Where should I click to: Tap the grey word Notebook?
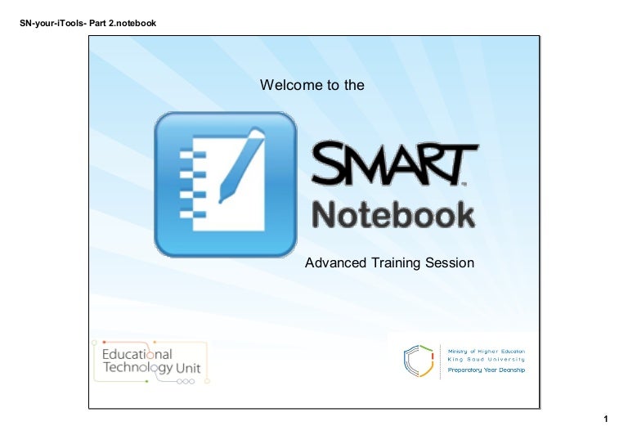click(393, 215)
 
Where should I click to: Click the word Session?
click(446, 263)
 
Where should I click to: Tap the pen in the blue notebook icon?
click(241, 164)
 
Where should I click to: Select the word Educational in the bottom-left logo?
click(137, 355)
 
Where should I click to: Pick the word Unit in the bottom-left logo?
click(187, 369)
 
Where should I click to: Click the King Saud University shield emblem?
click(418, 361)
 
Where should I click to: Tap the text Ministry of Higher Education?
click(486, 350)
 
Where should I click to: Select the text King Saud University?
click(486, 359)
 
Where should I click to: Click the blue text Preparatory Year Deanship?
click(486, 370)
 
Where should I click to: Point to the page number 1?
click(606, 419)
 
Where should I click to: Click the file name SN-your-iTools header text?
click(87, 23)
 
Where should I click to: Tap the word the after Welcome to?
click(354, 85)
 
